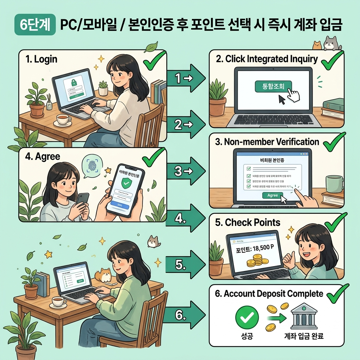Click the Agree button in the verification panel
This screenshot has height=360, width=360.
pyautogui.click(x=272, y=195)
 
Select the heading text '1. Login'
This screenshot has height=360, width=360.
pyautogui.click(x=41, y=59)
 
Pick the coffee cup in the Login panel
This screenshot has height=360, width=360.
pyautogui.click(x=63, y=119)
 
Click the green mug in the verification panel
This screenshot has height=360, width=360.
pyautogui.click(x=334, y=184)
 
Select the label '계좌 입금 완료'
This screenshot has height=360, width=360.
pyautogui.click(x=303, y=336)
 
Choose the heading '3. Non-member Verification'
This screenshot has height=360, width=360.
pyautogui.click(x=267, y=142)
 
